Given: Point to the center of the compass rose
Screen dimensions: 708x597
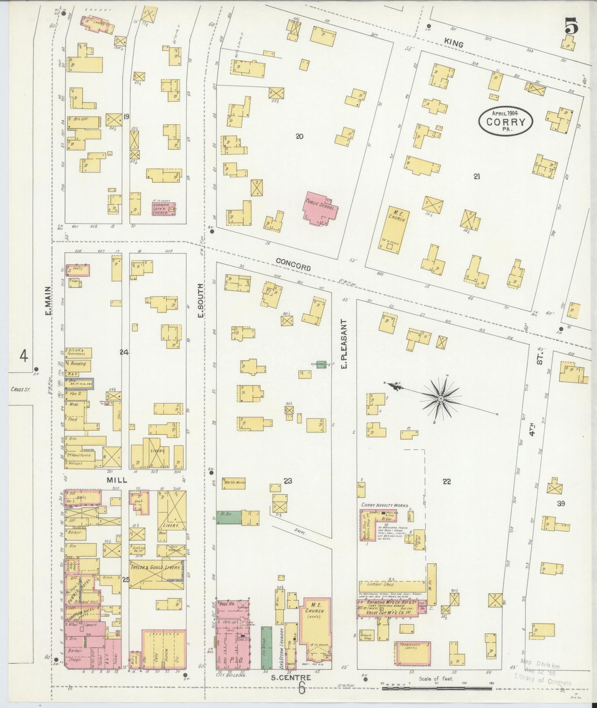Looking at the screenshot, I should point(441,399).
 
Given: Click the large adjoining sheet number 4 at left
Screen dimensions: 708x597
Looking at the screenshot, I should point(24,355).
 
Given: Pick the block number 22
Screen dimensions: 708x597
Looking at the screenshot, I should point(446,481).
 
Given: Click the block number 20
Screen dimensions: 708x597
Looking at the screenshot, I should point(300,136).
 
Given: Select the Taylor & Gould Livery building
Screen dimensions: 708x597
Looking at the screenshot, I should point(156,574).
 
